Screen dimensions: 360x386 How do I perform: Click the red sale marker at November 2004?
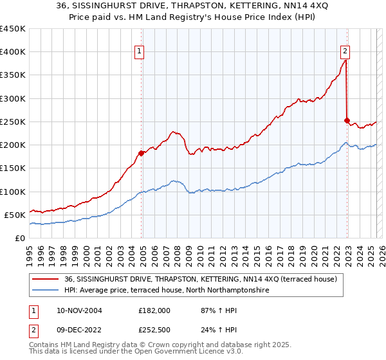(x=142, y=153)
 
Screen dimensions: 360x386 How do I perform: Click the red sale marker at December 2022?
(x=347, y=120)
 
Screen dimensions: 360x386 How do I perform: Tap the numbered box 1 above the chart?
(x=139, y=53)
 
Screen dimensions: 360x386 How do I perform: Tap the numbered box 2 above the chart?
(x=345, y=53)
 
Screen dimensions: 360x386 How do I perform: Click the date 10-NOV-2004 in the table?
(x=77, y=310)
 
